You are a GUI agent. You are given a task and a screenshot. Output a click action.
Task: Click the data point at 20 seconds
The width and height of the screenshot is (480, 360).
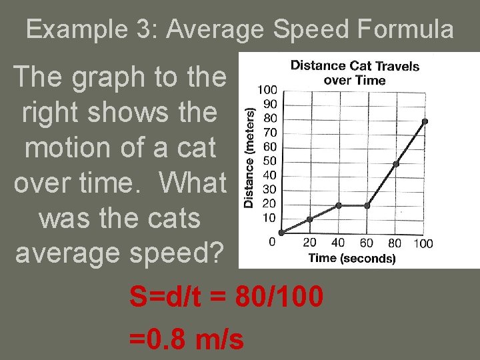click(x=310, y=219)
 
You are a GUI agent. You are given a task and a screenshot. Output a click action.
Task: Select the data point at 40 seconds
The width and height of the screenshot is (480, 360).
click(x=339, y=205)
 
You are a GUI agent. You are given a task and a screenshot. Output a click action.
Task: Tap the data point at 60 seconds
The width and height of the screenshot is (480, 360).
click(x=367, y=205)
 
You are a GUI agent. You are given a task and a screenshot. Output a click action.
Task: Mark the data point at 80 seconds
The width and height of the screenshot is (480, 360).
click(x=396, y=163)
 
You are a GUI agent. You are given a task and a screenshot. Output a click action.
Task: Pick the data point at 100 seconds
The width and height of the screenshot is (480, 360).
click(x=425, y=121)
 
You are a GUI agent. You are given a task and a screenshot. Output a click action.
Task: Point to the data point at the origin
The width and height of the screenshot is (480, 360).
click(x=282, y=233)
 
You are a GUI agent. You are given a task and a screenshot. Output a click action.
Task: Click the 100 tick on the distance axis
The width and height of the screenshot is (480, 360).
click(x=268, y=90)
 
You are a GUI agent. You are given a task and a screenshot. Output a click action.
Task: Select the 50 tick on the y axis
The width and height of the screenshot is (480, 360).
click(x=270, y=161)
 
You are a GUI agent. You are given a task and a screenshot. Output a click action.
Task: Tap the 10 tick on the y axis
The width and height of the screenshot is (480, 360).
click(x=270, y=217)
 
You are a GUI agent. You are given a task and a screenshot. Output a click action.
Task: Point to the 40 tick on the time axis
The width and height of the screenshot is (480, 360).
click(x=339, y=243)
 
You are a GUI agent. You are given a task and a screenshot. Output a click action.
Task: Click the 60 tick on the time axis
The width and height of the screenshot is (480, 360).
click(x=367, y=243)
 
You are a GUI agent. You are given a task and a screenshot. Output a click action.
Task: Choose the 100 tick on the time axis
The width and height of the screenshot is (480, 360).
click(x=423, y=243)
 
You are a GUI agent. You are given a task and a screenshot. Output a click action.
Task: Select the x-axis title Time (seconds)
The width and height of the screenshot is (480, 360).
click(x=351, y=258)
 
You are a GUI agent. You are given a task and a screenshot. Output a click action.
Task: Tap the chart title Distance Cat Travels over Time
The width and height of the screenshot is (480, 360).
click(x=355, y=73)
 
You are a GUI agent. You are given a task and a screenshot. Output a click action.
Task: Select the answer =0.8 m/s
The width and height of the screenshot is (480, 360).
click(x=187, y=339)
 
